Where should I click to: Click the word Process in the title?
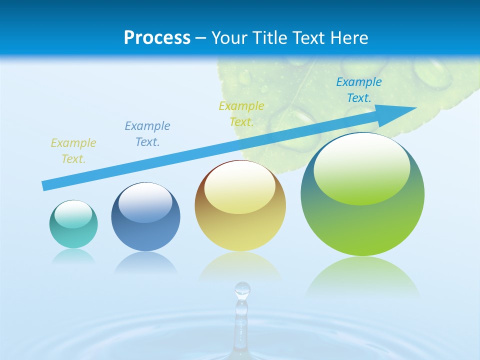157,38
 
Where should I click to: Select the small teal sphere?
73,224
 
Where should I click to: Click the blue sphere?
145,217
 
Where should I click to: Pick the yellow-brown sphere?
240,206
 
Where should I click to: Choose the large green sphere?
362,194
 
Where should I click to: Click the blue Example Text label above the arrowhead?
358,90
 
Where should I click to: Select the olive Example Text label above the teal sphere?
73,150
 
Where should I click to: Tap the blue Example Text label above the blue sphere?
147,133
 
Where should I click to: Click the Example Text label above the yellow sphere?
241,113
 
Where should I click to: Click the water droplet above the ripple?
242,290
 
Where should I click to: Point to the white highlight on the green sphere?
361,167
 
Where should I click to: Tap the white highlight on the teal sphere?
73,214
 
